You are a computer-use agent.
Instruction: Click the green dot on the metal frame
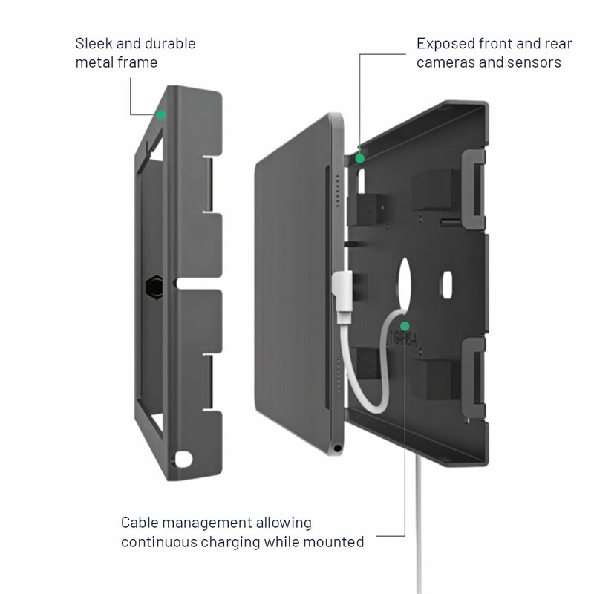click(x=161, y=114)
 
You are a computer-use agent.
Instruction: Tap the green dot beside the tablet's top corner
click(x=360, y=157)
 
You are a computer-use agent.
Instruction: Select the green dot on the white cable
click(x=405, y=325)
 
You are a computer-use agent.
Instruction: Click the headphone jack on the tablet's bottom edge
click(x=338, y=448)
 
